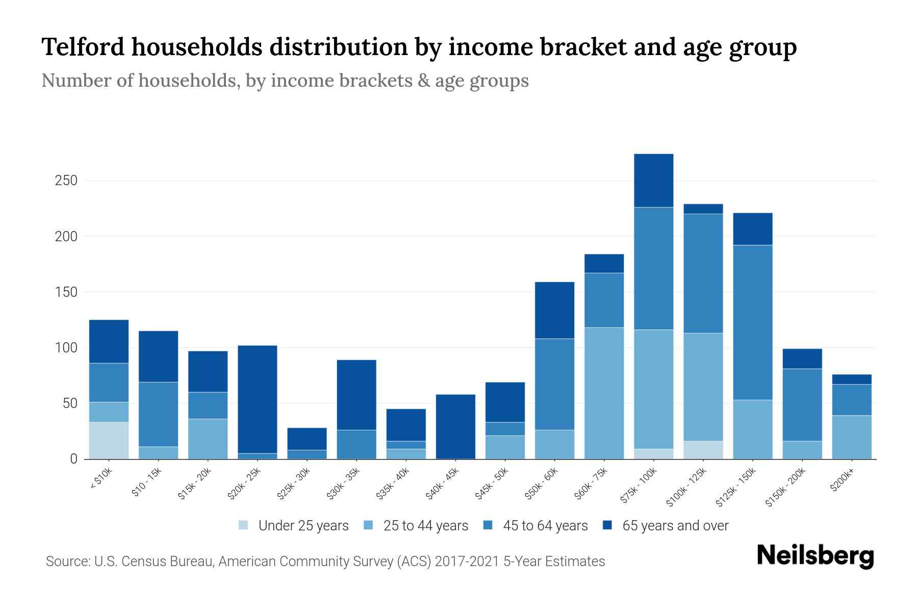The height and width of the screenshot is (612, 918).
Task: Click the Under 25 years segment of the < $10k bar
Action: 109,440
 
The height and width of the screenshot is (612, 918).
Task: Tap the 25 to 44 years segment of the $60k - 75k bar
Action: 604,393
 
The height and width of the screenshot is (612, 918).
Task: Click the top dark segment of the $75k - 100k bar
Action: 653,181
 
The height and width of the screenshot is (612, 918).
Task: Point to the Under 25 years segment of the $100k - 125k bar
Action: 703,450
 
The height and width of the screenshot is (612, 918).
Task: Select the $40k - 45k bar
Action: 456,426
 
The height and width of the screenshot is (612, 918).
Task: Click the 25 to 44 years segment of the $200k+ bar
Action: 852,437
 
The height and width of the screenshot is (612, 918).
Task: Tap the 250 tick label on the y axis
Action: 66,181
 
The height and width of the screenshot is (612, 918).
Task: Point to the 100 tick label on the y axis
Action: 66,348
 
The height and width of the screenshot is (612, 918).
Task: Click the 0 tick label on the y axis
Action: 73,459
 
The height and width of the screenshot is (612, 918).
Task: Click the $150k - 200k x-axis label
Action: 785,489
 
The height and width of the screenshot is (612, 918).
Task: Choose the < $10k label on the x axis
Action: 101,479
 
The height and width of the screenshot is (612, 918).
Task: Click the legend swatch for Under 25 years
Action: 243,525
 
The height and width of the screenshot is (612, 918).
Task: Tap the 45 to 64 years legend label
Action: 545,525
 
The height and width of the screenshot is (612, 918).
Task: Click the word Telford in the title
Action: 83,47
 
